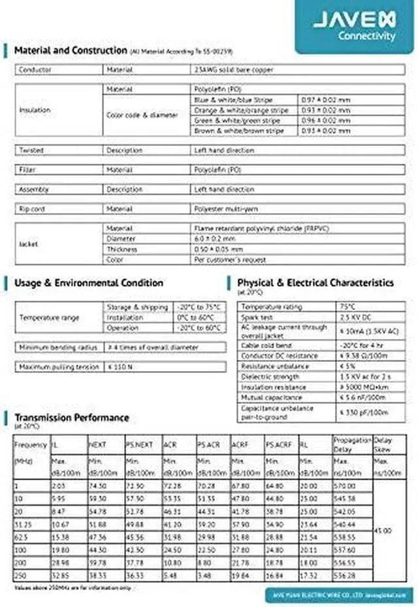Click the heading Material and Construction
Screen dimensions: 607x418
pos(70,50)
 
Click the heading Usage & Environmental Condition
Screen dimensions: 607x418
pos(89,283)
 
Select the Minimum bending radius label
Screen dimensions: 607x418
pos(58,347)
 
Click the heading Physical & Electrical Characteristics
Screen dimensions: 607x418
pos(315,283)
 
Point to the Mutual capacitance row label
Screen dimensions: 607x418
pos(266,397)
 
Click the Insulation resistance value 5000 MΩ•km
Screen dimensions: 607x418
pos(366,387)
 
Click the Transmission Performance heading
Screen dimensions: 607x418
pos(72,418)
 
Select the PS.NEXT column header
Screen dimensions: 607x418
pos(139,444)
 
